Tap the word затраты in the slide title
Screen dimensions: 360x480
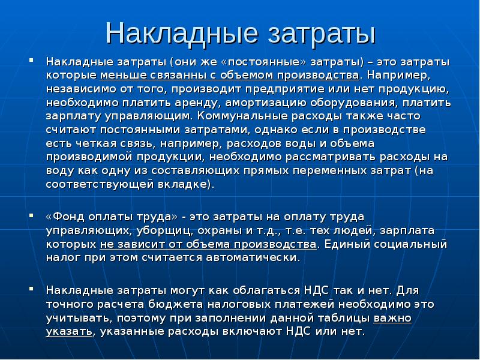point(319,34)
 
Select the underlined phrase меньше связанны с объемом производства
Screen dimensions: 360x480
point(230,76)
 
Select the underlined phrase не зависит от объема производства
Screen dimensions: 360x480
point(208,244)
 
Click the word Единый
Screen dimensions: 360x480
point(346,244)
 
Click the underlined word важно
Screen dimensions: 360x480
point(392,318)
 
